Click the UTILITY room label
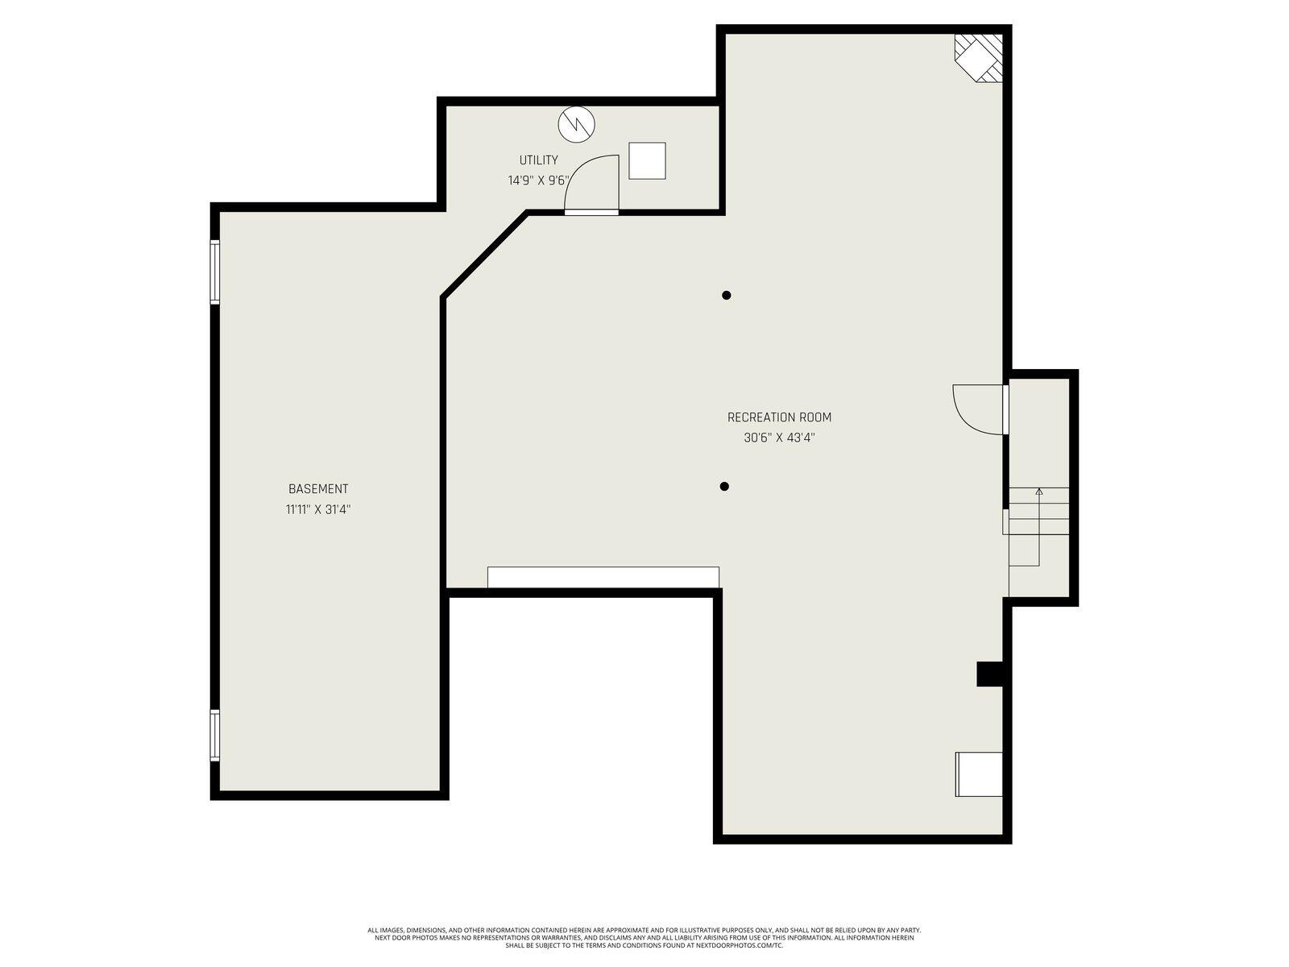[538, 160]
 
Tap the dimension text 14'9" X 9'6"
[538, 181]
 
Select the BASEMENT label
[318, 489]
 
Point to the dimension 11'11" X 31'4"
[318, 509]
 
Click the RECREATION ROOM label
[779, 417]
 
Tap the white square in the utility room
[647, 160]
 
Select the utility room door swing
[592, 183]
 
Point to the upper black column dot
[727, 296]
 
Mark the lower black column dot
[724, 487]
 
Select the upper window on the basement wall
[214, 272]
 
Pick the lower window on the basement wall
[214, 735]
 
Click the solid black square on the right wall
[989, 674]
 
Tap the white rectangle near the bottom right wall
[979, 774]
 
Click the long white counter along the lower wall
[603, 577]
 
